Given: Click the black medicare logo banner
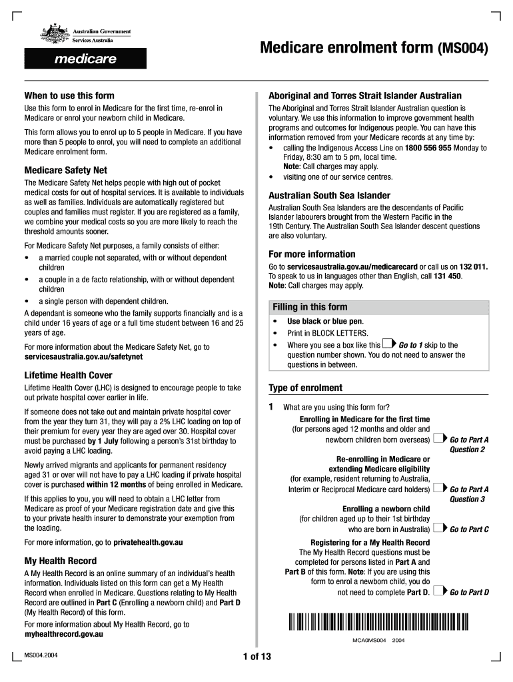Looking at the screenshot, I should coord(85,59).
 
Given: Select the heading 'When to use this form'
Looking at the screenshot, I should coord(69,96).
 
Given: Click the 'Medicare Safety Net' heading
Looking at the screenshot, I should coord(65,170).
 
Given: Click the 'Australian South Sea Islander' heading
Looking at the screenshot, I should coord(329,196).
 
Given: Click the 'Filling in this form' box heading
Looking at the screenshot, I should coord(310,307).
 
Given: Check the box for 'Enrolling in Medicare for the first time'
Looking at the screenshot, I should coord(438,438).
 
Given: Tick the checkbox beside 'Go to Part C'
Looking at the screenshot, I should coord(438,529).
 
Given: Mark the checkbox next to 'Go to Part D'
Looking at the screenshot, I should coord(438,591).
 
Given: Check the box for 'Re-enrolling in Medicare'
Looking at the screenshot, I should coord(438,488).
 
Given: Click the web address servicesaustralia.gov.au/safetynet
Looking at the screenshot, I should coord(83,357).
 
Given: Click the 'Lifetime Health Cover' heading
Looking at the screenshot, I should coord(68,376).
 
